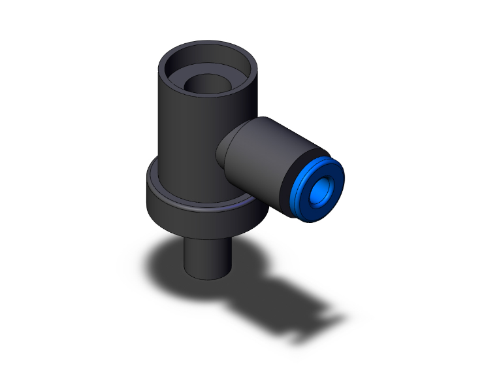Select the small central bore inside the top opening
tap(208, 84)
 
